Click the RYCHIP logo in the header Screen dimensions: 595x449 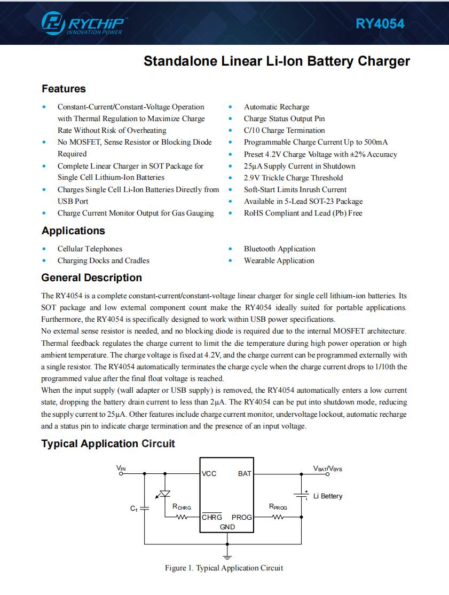tap(84, 23)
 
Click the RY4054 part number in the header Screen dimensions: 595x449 tap(380, 23)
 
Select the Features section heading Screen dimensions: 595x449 tap(64, 89)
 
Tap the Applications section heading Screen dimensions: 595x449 tap(73, 231)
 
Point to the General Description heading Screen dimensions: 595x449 tap(91, 277)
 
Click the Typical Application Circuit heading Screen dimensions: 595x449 tap(108, 443)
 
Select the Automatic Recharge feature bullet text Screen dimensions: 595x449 tap(277, 107)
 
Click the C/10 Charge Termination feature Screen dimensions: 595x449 tap(284, 130)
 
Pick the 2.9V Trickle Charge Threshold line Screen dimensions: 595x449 tap(293, 178)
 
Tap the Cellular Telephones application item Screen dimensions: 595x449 tap(90, 249)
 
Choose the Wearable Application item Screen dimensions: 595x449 tap(279, 260)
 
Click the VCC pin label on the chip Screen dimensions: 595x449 tap(209, 474)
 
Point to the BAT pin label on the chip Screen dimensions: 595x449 tap(245, 474)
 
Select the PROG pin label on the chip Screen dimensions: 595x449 tap(242, 517)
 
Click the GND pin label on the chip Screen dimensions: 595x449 tap(227, 527)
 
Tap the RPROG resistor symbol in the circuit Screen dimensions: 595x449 tap(278, 517)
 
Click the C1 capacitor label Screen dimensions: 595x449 tap(134, 509)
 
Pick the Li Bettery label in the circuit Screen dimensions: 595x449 tap(328, 496)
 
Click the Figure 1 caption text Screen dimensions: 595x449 tap(224, 568)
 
